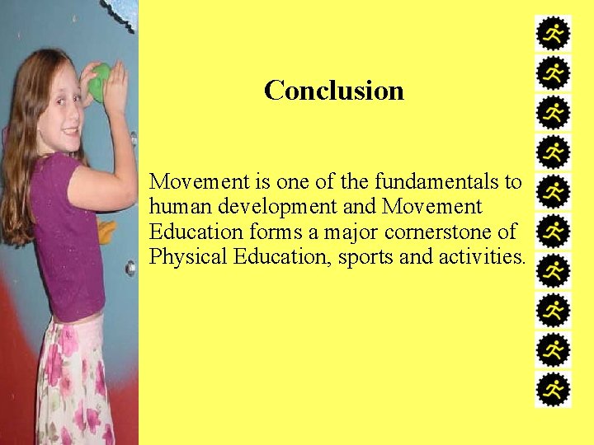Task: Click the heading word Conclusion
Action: tap(334, 90)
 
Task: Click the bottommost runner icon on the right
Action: tap(553, 389)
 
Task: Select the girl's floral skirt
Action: tap(74, 379)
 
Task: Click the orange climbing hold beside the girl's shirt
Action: tap(107, 231)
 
